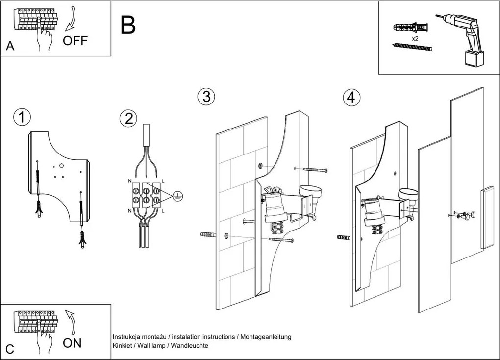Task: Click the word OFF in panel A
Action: pos(75,41)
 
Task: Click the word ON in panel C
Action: pos(72,343)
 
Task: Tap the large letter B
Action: pos(128,25)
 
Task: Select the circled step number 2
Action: pos(128,118)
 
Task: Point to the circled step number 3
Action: pos(206,97)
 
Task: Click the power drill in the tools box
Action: pos(466,37)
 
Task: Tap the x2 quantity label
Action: pos(415,38)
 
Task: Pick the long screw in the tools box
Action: pos(413,47)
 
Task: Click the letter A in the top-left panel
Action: pos(10,47)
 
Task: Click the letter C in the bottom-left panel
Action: pos(10,349)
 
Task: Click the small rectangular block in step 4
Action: pos(487,218)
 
